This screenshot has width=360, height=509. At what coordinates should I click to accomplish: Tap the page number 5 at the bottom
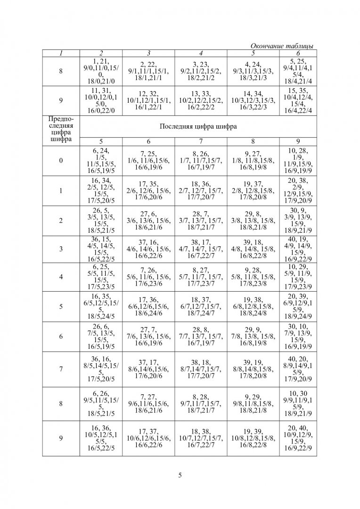pyautogui.click(x=180, y=475)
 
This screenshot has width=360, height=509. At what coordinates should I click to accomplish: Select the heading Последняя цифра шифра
pyautogui.click(x=198, y=127)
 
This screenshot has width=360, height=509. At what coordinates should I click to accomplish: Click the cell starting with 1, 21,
pyautogui.click(x=101, y=71)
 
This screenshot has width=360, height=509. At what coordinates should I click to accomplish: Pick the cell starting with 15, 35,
pyautogui.click(x=298, y=100)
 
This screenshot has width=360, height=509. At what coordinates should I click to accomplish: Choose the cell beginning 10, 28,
pyautogui.click(x=298, y=160)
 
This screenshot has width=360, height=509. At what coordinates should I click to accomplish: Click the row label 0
pyautogui.click(x=61, y=160)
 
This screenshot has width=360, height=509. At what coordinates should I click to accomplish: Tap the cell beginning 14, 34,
pyautogui.click(x=253, y=100)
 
